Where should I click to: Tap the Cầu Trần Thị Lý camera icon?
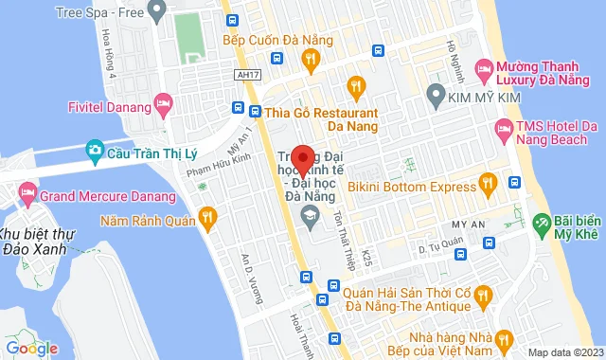click(94, 150)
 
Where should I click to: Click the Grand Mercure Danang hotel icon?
click(27, 198)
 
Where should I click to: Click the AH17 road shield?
click(245, 77)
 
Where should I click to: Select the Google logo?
click(31, 348)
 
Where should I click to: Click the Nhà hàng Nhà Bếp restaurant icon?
click(507, 338)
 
